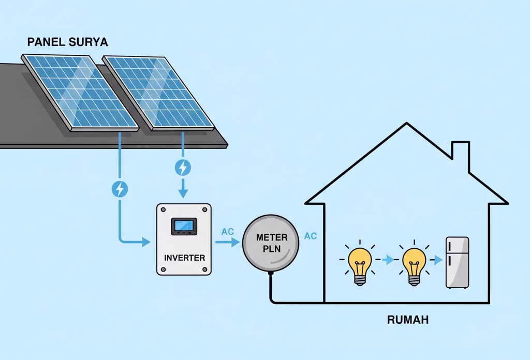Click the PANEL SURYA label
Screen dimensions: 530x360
pos(68,42)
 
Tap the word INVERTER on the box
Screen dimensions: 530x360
pos(185,258)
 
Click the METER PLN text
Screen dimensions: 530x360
pos(272,243)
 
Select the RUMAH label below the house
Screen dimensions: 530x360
pos(408,320)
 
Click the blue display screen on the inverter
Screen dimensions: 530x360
pos(184,225)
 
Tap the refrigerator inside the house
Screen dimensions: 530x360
pos(458,263)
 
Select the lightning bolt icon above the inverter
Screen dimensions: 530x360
pos(183,168)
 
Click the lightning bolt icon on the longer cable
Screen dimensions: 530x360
pos(120,189)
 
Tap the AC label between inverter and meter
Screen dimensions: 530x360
pos(228,232)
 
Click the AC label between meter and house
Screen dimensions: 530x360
pos(311,236)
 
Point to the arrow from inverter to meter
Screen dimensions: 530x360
pos(228,242)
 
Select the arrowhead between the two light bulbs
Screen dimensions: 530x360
pos(390,259)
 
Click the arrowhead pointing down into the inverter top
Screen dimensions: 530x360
pos(183,193)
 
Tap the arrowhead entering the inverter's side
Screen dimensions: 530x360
pos(146,242)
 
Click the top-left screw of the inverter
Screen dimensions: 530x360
pos(163,209)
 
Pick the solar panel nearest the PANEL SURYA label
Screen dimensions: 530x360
pos(80,93)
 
